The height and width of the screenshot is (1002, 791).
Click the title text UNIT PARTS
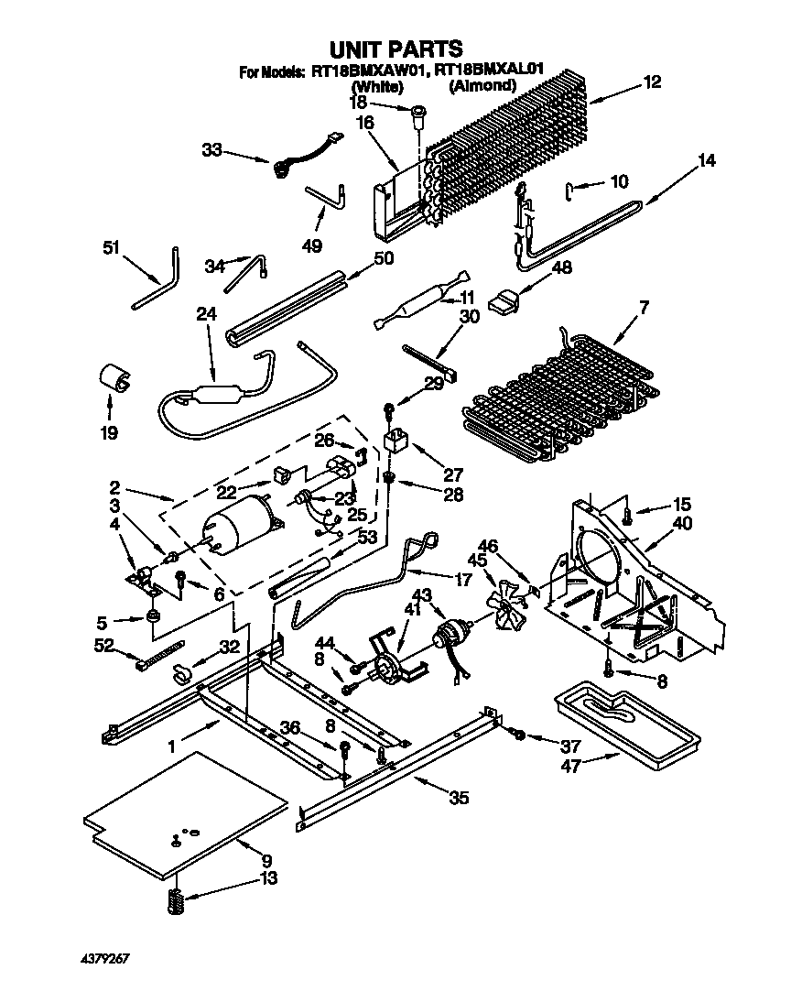pyautogui.click(x=395, y=48)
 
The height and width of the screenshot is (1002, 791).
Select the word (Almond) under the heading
pyautogui.click(x=482, y=85)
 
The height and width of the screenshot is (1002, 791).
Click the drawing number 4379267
pyautogui.click(x=104, y=958)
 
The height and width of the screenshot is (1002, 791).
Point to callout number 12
pyautogui.click(x=651, y=82)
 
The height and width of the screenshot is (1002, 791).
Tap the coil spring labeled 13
pyautogui.click(x=175, y=901)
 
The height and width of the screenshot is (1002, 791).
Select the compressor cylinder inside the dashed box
pyautogui.click(x=236, y=527)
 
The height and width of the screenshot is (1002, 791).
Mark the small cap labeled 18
pyautogui.click(x=418, y=114)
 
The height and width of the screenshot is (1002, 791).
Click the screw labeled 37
pyautogui.click(x=517, y=734)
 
